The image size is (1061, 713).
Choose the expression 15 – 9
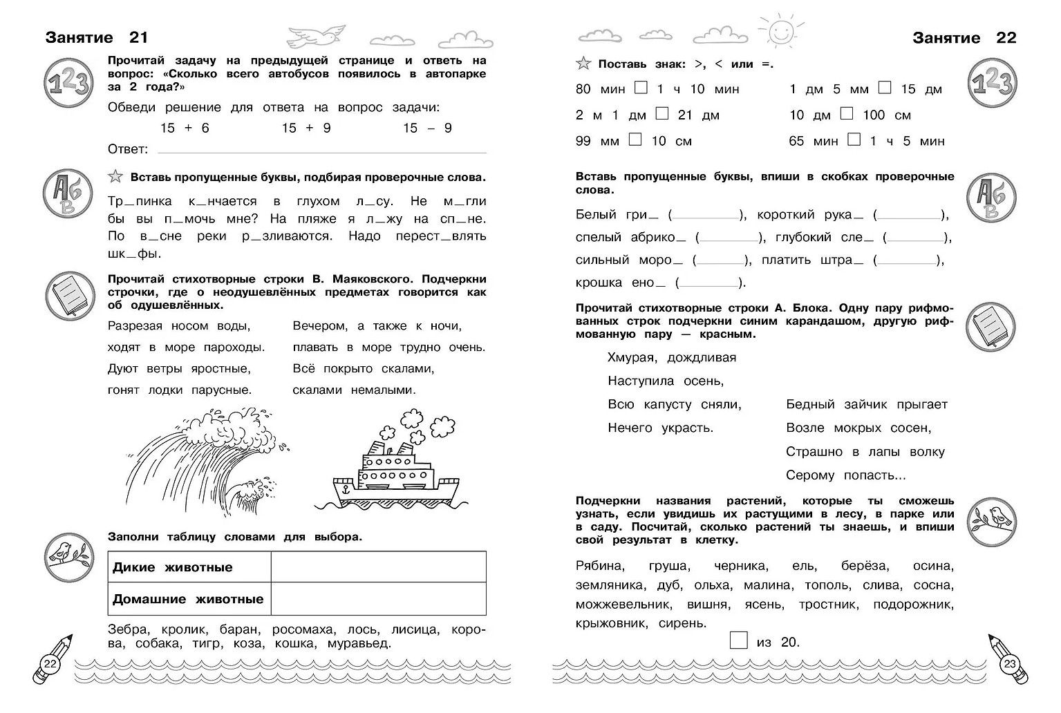[427, 128]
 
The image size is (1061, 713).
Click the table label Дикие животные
[173, 567]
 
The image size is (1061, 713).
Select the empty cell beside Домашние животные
[378, 598]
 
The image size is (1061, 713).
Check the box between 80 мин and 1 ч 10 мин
[641, 88]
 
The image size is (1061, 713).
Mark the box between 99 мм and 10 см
[635, 140]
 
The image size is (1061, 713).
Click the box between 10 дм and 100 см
[847, 113]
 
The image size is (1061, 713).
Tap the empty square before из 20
[739, 640]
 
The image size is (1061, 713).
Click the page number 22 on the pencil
[50, 664]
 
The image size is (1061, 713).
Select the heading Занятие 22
[964, 38]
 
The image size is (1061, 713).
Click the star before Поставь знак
[583, 64]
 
